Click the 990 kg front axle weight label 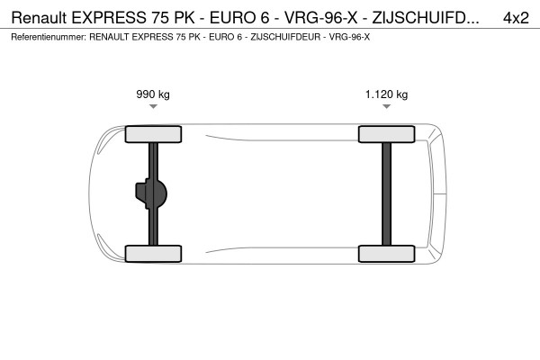[153, 94]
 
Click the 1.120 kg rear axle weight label [386, 94]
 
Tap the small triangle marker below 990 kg [153, 106]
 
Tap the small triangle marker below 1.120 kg [386, 106]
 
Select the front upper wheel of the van [154, 134]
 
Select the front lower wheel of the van [154, 253]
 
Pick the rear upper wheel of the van [386, 134]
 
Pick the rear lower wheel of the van [386, 253]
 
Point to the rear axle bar [386, 193]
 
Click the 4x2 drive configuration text [515, 17]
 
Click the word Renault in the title [37, 17]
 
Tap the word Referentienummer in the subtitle [46, 37]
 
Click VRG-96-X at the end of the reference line [350, 37]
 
